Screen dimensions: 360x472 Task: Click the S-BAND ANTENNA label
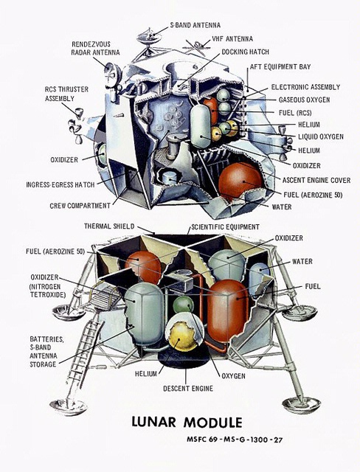pyautogui.click(x=195, y=24)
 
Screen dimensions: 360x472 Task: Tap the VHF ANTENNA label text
pyautogui.click(x=232, y=39)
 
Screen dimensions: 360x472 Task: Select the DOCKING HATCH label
pyautogui.click(x=245, y=52)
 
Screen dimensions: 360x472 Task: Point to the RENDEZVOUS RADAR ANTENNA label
pyautogui.click(x=95, y=48)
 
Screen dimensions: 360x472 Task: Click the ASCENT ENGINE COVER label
pyautogui.click(x=316, y=180)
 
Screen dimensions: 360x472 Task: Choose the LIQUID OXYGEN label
pyautogui.click(x=321, y=136)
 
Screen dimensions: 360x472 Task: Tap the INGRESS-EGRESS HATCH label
pyautogui.click(x=60, y=184)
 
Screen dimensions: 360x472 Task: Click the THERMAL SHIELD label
pyautogui.click(x=109, y=226)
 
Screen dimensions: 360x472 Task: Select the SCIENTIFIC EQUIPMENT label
pyautogui.click(x=225, y=226)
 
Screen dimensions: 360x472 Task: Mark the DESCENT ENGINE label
pyautogui.click(x=188, y=389)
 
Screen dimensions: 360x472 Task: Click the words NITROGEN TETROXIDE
pyautogui.click(x=47, y=291)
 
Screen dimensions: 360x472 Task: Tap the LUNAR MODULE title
pyautogui.click(x=187, y=422)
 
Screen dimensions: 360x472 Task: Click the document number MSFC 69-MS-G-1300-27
pyautogui.click(x=235, y=440)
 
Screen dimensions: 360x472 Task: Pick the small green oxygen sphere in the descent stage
pyautogui.click(x=183, y=305)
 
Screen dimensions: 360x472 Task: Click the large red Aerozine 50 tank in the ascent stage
pyautogui.click(x=240, y=181)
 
